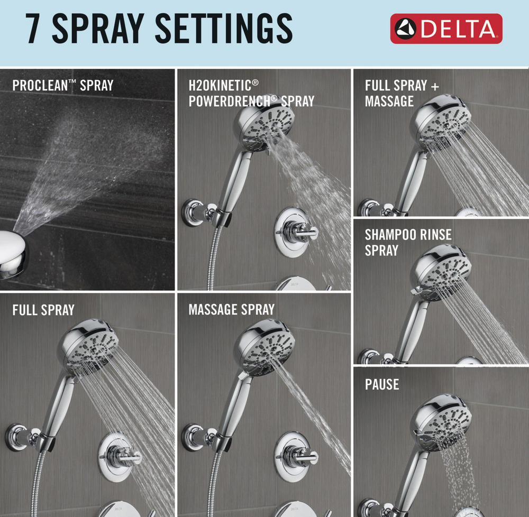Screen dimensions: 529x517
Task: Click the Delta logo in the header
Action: (x=446, y=29)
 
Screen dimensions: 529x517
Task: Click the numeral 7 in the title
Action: (x=33, y=29)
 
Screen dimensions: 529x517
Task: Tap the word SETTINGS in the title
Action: (x=223, y=29)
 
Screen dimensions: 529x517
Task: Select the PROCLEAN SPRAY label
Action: (x=63, y=86)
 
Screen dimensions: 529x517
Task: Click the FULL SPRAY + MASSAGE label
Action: (x=402, y=94)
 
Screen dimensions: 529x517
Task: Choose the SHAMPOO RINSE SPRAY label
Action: (x=408, y=242)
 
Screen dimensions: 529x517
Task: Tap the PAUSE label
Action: (x=382, y=384)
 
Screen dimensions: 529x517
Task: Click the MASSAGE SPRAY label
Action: (x=232, y=309)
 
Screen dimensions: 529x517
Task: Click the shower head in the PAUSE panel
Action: (x=441, y=422)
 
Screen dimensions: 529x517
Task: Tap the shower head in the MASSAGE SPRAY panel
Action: (x=266, y=348)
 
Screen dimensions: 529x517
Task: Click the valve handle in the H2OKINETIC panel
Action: (x=296, y=229)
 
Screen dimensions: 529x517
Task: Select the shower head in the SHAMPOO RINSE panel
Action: (x=442, y=272)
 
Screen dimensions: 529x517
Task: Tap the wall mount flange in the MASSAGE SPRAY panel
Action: (x=193, y=438)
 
